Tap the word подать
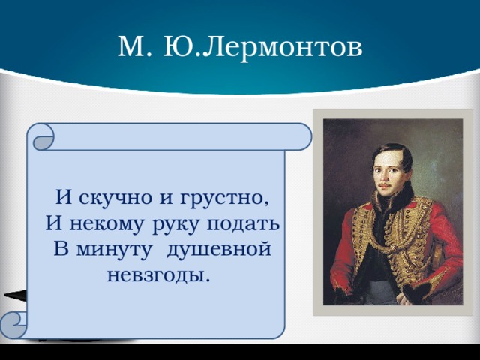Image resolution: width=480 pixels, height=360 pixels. coord(243,223)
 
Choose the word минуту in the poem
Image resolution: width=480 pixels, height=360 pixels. coord(113,250)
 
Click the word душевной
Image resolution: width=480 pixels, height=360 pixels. coord(219,250)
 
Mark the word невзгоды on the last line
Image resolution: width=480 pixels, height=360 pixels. coord(154,275)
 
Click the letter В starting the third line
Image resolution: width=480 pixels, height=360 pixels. coord(61,248)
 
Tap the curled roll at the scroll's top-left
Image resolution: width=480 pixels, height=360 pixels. coord(43,137)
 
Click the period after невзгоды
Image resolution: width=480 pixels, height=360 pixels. coord(208,280)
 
